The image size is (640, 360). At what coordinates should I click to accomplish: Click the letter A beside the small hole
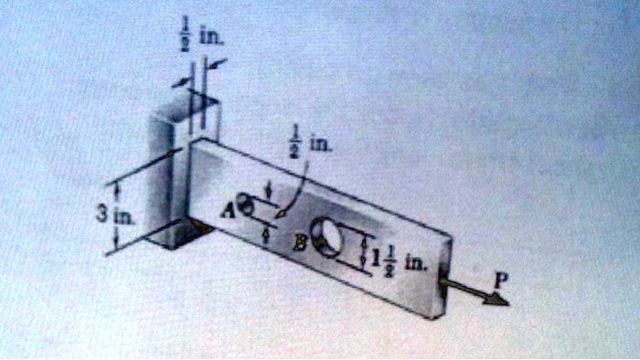pyautogui.click(x=227, y=209)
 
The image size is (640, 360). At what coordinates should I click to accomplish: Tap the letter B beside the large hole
pyautogui.click(x=300, y=243)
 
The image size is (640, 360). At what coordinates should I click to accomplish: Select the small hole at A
pyautogui.click(x=244, y=203)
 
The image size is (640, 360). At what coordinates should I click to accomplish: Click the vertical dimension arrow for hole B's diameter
pyautogui.click(x=366, y=255)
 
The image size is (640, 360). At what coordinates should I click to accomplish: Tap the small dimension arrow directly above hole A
pyautogui.click(x=267, y=190)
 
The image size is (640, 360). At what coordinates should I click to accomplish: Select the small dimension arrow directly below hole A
pyautogui.click(x=266, y=234)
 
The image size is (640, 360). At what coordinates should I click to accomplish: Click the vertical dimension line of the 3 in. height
pyautogui.click(x=116, y=217)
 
